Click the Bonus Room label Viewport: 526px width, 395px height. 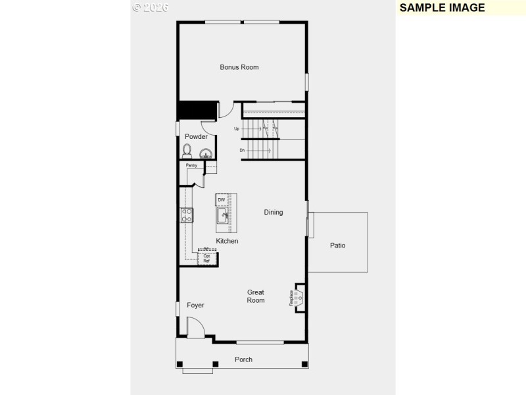coord(239,67)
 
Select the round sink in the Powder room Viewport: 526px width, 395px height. coord(206,154)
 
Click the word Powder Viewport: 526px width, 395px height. coord(196,137)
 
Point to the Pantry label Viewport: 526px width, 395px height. coord(191,165)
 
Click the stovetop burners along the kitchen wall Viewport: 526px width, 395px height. coord(187,215)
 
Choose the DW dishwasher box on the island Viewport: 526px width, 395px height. coord(222,199)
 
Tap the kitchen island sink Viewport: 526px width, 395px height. coord(222,215)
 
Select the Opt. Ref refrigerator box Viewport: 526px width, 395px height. coord(206,258)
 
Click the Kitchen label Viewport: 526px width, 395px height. coord(227,242)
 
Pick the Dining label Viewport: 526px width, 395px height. coord(274,213)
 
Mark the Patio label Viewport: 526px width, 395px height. coord(337,246)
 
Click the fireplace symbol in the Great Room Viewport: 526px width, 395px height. coord(299,298)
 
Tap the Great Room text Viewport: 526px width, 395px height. coord(256,296)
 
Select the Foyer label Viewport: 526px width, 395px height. coord(195,305)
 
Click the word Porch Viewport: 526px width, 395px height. coord(243,359)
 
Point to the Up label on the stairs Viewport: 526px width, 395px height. coord(236,129)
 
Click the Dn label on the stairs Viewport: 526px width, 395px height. coord(242,151)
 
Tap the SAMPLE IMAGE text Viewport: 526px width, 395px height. coord(442,8)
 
